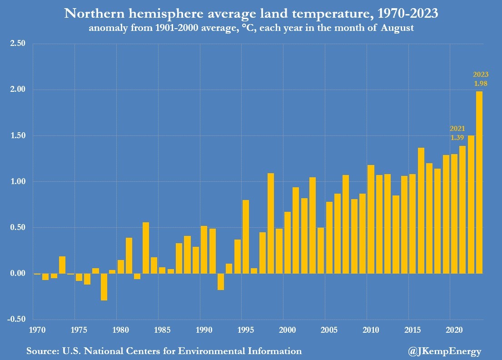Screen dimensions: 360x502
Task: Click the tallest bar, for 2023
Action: (x=479, y=182)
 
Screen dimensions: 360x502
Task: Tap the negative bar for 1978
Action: (x=104, y=286)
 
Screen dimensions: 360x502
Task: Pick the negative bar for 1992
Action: (x=221, y=281)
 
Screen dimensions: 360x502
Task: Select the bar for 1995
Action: (x=246, y=236)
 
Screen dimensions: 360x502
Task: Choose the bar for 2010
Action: (x=371, y=219)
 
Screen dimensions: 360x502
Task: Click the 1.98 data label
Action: (x=481, y=84)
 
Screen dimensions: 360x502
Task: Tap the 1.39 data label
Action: (x=457, y=137)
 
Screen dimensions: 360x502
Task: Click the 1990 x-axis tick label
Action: (x=200, y=329)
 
